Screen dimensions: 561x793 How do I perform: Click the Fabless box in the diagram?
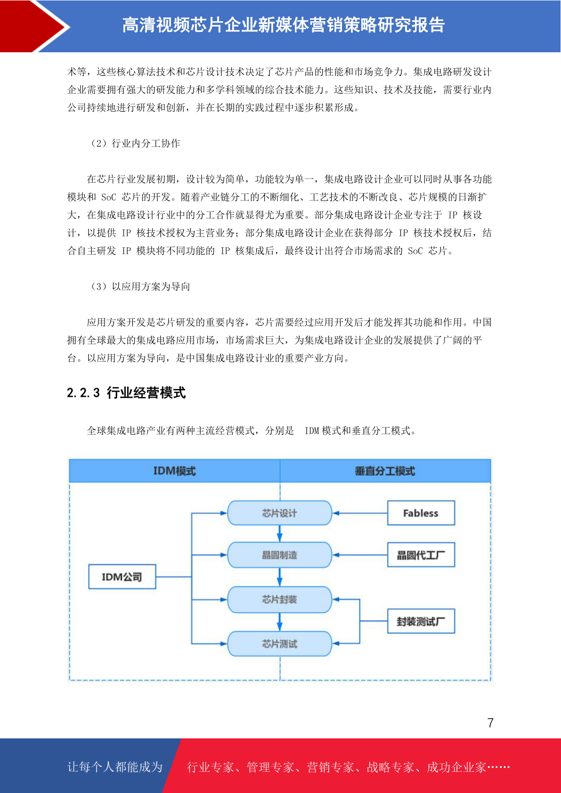click(421, 513)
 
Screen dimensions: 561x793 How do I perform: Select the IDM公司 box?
click(122, 577)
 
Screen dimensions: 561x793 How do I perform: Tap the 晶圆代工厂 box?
click(421, 555)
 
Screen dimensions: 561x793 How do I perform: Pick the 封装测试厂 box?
click(421, 621)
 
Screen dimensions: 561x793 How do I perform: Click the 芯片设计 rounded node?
click(279, 513)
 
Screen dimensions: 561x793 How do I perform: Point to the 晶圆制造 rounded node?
click(279, 555)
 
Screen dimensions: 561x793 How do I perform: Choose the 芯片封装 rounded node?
click(279, 599)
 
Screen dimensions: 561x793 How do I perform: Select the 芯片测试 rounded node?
click(279, 644)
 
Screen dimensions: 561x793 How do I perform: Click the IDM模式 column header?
click(175, 471)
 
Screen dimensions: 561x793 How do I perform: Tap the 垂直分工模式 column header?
click(385, 471)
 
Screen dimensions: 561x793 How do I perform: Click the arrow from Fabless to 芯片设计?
click(360, 513)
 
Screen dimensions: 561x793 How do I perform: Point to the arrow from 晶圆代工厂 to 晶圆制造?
click(360, 555)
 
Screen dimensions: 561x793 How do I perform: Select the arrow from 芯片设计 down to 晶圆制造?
click(279, 534)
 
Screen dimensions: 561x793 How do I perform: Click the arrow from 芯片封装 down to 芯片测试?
click(279, 622)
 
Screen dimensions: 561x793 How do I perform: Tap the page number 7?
click(490, 722)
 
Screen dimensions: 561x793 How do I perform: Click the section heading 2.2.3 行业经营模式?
click(126, 393)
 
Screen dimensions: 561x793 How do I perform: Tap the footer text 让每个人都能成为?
click(115, 767)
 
